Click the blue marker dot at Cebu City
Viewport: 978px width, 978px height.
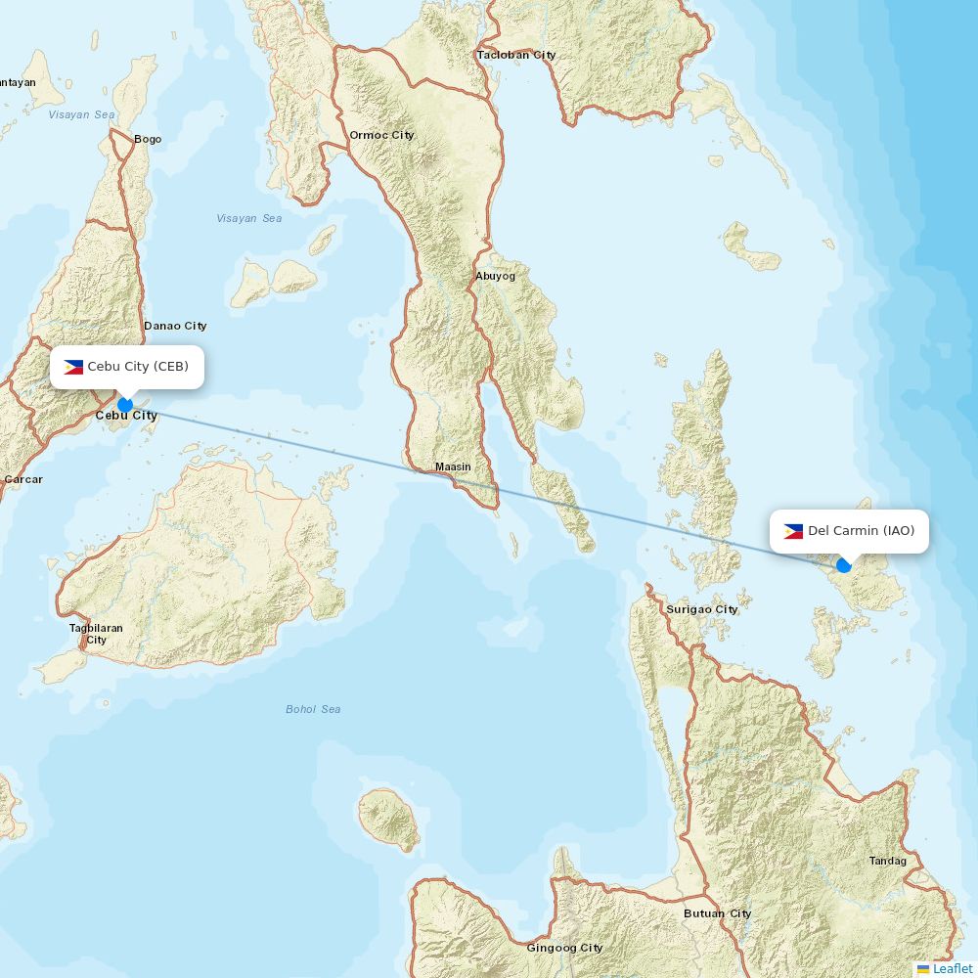pyautogui.click(x=125, y=405)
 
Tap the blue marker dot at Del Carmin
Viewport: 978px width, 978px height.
pyautogui.click(x=844, y=565)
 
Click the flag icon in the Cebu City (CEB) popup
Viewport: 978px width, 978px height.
pyautogui.click(x=73, y=368)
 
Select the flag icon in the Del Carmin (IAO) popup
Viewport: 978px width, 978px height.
pyautogui.click(x=793, y=532)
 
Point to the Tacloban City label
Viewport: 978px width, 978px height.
pyautogui.click(x=516, y=55)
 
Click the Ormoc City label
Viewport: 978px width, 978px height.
pyautogui.click(x=381, y=135)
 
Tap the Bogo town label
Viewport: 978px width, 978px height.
pyautogui.click(x=148, y=139)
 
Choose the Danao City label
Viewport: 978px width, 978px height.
pyautogui.click(x=175, y=326)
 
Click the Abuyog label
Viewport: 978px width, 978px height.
pyautogui.click(x=495, y=276)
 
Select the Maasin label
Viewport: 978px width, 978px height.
pyautogui.click(x=453, y=467)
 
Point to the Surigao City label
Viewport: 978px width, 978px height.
pyautogui.click(x=701, y=609)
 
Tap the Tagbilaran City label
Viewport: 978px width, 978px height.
pyautogui.click(x=96, y=634)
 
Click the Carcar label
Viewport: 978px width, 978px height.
pyautogui.click(x=23, y=479)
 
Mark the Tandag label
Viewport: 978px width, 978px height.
pyautogui.click(x=887, y=861)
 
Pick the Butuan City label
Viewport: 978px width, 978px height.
pyautogui.click(x=717, y=913)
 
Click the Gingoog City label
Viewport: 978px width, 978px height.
pyautogui.click(x=564, y=948)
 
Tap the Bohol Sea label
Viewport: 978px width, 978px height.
pyautogui.click(x=313, y=709)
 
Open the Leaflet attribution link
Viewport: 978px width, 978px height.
pyautogui.click(x=952, y=968)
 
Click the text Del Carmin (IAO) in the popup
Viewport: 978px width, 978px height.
pyautogui.click(x=861, y=531)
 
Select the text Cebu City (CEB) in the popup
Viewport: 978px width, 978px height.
pyautogui.click(x=138, y=367)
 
